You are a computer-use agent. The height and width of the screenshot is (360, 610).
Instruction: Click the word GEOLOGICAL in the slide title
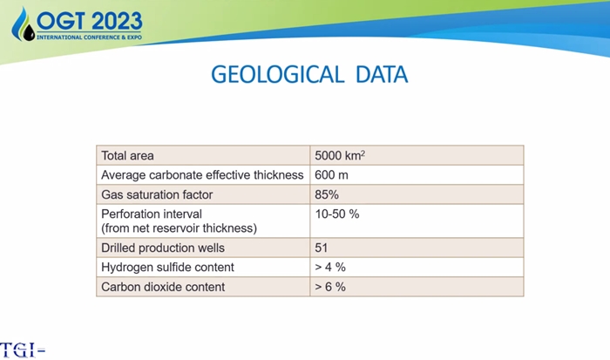click(278, 74)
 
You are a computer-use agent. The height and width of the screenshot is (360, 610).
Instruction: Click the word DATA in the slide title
click(382, 74)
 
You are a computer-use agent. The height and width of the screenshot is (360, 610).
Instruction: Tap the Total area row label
click(127, 156)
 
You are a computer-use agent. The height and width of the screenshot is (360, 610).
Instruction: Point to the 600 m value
click(331, 175)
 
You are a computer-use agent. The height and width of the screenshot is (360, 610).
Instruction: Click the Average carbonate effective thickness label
click(202, 175)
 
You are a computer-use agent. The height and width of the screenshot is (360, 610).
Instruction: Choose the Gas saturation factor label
click(157, 194)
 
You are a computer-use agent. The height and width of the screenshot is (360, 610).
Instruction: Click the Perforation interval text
click(152, 214)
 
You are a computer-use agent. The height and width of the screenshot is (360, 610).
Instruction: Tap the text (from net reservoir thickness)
click(179, 228)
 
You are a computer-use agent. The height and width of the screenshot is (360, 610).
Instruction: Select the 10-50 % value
click(337, 214)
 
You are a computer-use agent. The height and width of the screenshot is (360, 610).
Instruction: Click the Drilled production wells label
click(163, 248)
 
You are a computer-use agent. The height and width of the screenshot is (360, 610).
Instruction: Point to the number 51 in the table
click(322, 248)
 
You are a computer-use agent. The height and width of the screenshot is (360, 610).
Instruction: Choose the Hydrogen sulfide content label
click(167, 268)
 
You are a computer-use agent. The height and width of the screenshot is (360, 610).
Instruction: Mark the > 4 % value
click(330, 268)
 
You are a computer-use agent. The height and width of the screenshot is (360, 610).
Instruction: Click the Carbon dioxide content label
click(163, 287)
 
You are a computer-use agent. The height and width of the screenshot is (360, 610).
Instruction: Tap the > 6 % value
click(330, 287)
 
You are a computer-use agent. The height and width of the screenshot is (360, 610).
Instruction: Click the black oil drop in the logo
click(29, 32)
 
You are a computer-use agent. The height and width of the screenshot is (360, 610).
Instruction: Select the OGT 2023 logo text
click(90, 21)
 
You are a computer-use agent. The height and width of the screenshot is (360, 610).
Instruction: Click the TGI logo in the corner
click(22, 350)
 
